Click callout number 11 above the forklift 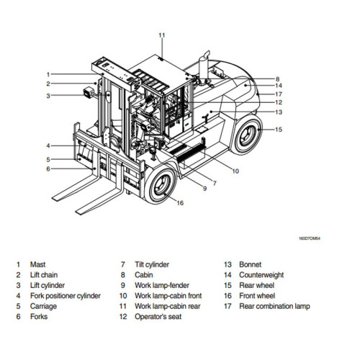[162, 35]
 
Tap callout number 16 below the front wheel [180, 203]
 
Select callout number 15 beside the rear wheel [279, 130]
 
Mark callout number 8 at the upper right [277, 78]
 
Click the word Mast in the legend [38, 264]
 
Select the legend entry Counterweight [263, 275]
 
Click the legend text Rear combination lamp [276, 306]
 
